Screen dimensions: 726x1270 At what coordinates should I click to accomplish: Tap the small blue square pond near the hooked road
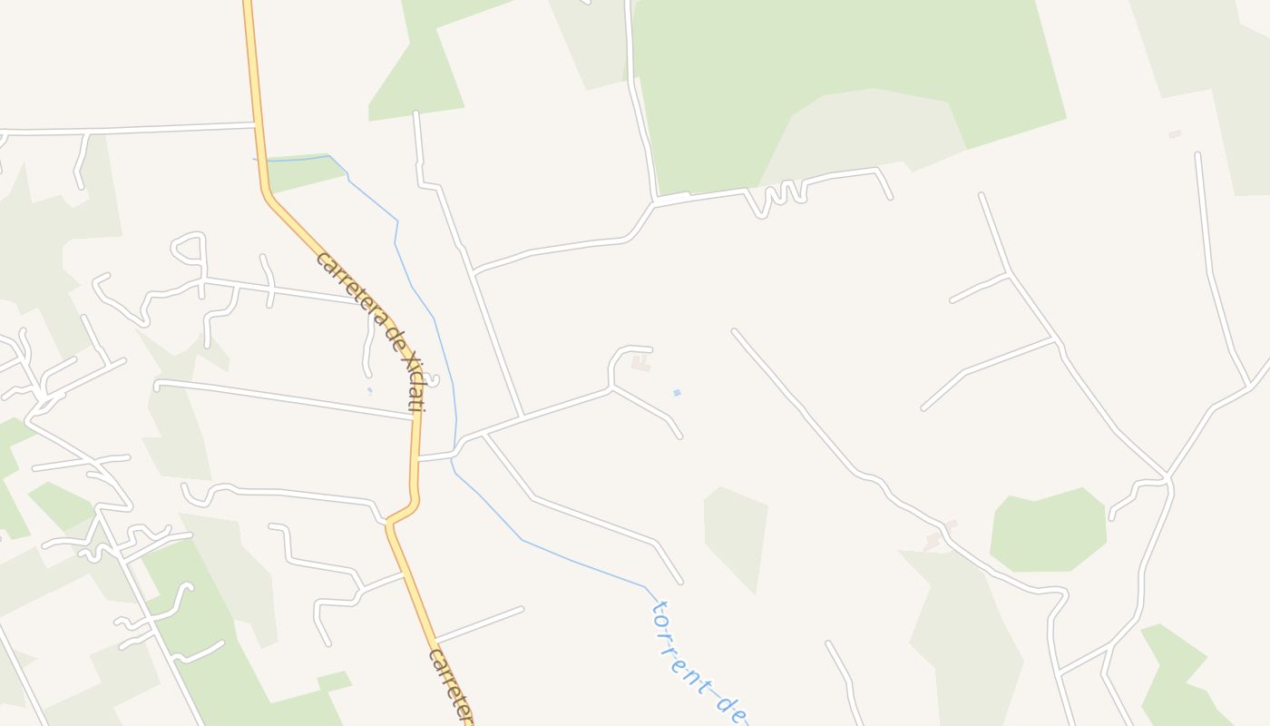[677, 393]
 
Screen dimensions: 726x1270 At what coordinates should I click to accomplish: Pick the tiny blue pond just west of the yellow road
[369, 391]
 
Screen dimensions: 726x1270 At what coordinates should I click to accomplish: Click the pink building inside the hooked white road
[641, 364]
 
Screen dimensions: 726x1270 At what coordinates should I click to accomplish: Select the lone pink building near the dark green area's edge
[1175, 134]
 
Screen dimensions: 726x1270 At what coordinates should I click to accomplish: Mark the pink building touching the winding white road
[939, 536]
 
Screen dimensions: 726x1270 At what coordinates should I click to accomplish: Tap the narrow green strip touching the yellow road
[304, 171]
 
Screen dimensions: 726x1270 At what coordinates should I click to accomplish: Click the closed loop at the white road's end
[189, 249]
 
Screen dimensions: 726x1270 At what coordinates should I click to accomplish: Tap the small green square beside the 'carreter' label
[334, 681]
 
